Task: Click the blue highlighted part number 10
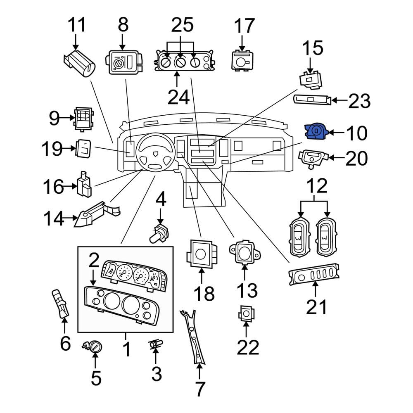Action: [x=316, y=131]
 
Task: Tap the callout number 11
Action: [x=77, y=25]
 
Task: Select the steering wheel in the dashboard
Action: [x=155, y=152]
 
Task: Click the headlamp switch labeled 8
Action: [x=124, y=62]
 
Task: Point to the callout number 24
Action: [x=178, y=97]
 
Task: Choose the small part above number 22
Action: [x=246, y=313]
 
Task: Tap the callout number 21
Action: [x=316, y=307]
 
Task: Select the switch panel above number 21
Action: [x=314, y=274]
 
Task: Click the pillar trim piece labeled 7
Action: [x=192, y=337]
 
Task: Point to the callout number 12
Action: [x=317, y=186]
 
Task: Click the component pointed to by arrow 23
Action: [x=312, y=100]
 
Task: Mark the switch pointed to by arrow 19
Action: [x=84, y=149]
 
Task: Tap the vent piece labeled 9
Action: [x=84, y=119]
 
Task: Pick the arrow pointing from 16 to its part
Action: [x=70, y=186]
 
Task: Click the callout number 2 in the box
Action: [x=94, y=260]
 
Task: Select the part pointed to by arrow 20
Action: [x=312, y=158]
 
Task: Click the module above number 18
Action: [x=202, y=254]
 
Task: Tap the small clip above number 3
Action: [x=156, y=344]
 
